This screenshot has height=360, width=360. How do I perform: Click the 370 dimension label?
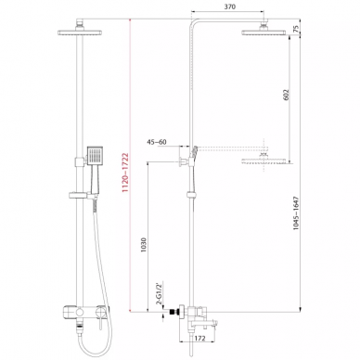tap(229, 6)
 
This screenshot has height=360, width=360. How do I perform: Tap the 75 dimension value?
tap(296, 29)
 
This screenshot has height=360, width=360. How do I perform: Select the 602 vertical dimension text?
tap(286, 95)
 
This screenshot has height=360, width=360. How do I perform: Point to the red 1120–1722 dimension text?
tap(125, 173)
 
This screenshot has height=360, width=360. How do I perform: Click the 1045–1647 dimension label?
tap(296, 213)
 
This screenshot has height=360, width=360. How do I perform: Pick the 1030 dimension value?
tap(144, 245)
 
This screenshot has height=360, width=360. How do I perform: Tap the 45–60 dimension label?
tap(157, 142)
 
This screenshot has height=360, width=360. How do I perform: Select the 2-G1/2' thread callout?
tap(160, 293)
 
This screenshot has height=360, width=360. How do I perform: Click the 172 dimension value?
tap(200, 338)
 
